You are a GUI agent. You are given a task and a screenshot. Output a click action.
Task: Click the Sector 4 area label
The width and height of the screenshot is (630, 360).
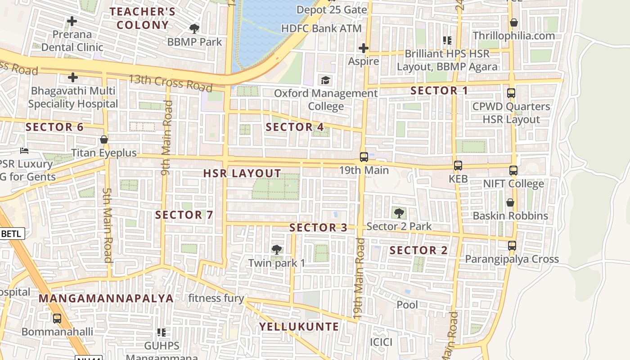tap(295, 127)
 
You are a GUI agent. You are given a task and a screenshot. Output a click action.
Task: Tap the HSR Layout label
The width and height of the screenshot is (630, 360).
tap(242, 174)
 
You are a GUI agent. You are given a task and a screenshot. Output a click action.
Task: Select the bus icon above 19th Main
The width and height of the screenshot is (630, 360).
tap(364, 157)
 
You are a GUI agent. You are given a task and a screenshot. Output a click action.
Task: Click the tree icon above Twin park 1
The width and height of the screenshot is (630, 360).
tap(277, 250)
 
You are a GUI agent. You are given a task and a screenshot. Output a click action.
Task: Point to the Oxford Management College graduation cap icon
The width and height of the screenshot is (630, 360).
tap(325, 81)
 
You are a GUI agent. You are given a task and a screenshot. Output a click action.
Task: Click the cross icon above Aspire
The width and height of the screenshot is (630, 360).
tap(364, 48)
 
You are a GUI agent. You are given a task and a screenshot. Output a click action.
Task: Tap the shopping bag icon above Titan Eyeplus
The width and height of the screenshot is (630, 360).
tap(104, 139)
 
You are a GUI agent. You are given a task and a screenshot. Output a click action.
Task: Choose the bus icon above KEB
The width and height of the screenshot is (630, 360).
tap(458, 166)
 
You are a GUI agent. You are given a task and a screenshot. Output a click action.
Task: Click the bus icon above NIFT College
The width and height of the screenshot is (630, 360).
tap(513, 171)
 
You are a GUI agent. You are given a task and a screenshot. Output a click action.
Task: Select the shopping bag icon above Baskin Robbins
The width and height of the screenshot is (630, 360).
tap(510, 202)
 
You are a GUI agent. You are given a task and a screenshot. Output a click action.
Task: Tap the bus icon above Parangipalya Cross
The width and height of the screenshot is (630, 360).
tap(512, 246)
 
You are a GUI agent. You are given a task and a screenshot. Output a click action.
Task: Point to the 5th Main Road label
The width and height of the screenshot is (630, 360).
tap(107, 225)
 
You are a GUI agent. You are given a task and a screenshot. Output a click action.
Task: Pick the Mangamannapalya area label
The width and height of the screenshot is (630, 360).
tap(106, 299)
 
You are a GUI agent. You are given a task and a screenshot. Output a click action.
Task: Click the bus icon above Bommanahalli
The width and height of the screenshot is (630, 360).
tap(57, 319)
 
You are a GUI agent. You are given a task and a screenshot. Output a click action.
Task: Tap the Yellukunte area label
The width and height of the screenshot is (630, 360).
tap(299, 327)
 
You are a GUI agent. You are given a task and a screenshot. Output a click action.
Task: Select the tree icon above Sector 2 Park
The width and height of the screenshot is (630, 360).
tap(399, 213)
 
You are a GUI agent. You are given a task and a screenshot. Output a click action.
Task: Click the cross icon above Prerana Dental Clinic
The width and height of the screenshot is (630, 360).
tap(72, 21)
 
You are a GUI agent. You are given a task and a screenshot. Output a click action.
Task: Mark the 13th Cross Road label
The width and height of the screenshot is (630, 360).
tap(170, 82)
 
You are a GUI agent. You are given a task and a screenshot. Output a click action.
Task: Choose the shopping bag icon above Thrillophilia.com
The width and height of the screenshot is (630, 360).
tap(513, 22)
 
